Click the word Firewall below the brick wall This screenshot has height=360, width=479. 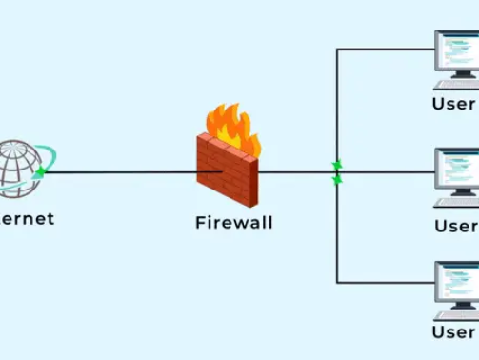click(x=233, y=223)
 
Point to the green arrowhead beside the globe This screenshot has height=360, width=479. click(x=40, y=172)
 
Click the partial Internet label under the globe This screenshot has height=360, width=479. click(x=27, y=218)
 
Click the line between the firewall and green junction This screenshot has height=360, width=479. click(x=295, y=172)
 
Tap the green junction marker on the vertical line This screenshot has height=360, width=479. click(x=336, y=172)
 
